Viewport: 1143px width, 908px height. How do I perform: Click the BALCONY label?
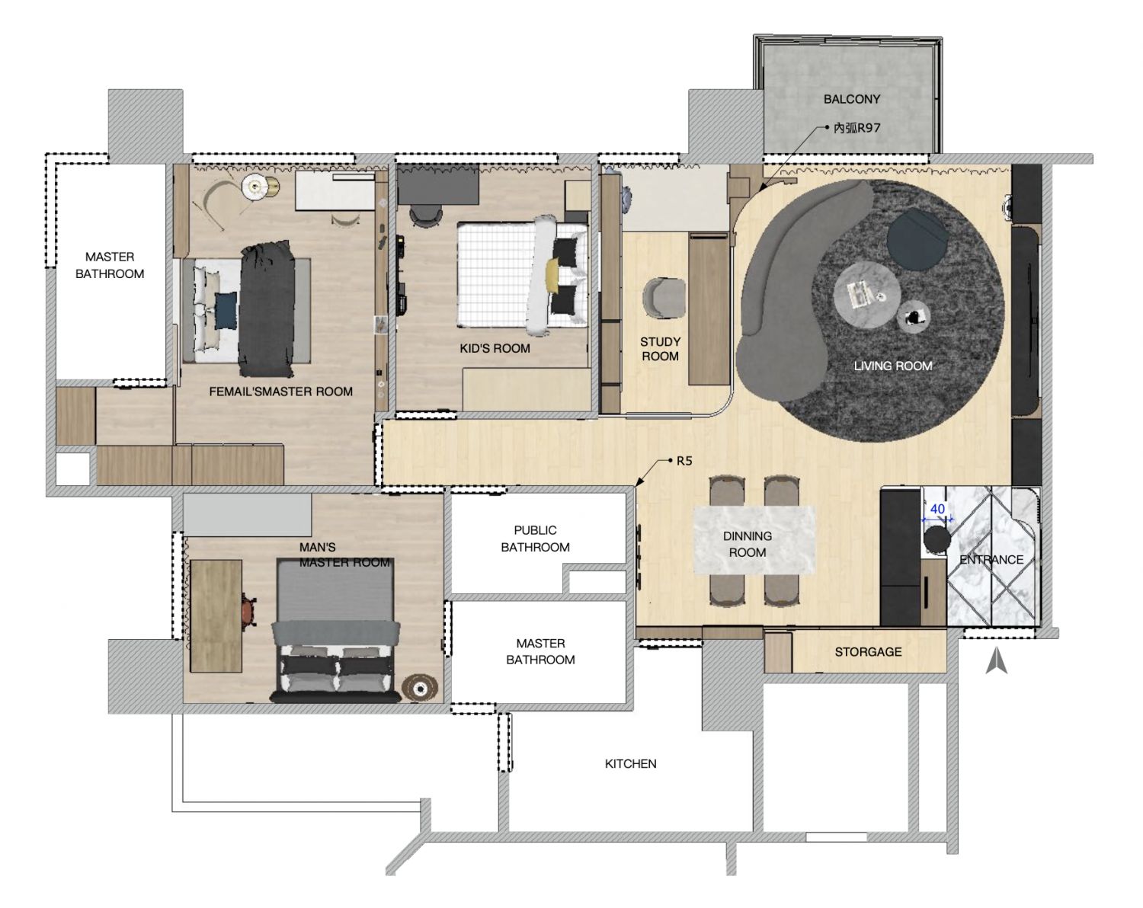point(851,99)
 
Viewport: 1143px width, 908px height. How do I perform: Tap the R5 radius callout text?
point(684,461)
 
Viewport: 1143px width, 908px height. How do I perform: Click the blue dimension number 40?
point(937,509)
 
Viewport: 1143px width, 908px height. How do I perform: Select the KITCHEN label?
point(630,763)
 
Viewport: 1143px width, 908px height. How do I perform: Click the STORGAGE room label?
point(868,651)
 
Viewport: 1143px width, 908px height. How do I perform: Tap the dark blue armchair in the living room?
point(917,238)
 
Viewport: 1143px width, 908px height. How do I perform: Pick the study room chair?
point(664,297)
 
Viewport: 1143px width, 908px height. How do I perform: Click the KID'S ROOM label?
point(495,348)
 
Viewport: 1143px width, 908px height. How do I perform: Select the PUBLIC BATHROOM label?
point(535,539)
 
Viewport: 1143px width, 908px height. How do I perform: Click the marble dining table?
point(754,540)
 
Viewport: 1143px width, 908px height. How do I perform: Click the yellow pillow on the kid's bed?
point(553,275)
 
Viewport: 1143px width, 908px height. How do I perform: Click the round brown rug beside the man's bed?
point(420,689)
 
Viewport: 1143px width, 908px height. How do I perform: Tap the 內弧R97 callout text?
point(856,128)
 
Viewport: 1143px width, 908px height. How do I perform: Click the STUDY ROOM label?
point(660,349)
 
